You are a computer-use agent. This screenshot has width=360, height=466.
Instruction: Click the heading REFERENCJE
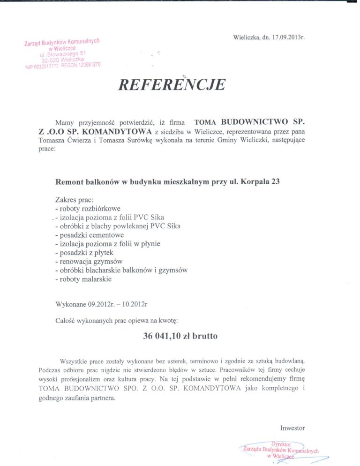click(x=172, y=84)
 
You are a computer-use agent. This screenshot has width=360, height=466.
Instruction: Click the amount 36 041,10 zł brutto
click(x=180, y=336)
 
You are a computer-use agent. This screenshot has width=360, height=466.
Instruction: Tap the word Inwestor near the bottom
click(x=292, y=428)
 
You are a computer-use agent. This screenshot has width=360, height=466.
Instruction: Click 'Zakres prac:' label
click(x=74, y=199)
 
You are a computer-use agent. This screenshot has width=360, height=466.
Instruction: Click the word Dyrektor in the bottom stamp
click(x=281, y=443)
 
